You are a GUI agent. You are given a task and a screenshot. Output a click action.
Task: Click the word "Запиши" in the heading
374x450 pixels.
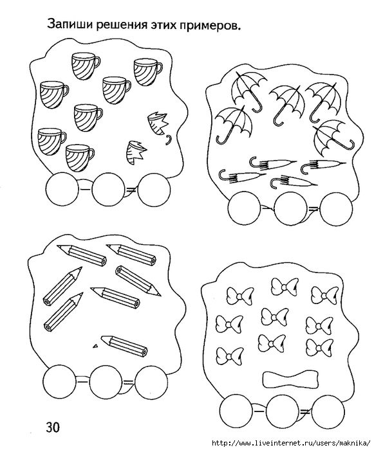tap(70, 24)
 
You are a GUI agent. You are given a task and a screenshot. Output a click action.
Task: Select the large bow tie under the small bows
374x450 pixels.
tap(291, 379)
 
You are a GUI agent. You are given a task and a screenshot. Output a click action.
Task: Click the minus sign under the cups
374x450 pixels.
tap(85, 190)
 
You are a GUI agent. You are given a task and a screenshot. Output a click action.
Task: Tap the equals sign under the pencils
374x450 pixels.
tap(128, 382)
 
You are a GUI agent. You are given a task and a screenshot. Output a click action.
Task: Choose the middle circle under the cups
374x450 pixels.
tap(108, 189)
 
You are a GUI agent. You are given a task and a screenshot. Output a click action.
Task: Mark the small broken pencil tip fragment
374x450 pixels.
tap(95, 346)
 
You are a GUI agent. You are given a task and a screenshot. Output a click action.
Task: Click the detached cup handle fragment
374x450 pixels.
tap(169, 140)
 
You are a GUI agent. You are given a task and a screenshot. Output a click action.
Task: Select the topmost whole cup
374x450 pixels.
tap(86, 66)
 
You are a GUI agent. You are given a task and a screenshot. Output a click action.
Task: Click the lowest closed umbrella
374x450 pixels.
tap(294, 183)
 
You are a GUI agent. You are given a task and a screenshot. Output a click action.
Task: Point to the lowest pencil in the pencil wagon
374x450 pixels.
tap(124, 346)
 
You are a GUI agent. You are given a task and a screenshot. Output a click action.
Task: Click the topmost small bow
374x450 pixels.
tap(285, 287)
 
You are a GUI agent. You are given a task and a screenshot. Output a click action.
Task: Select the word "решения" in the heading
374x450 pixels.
tap(122, 26)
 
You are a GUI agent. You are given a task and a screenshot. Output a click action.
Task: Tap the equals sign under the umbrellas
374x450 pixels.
tap(313, 209)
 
